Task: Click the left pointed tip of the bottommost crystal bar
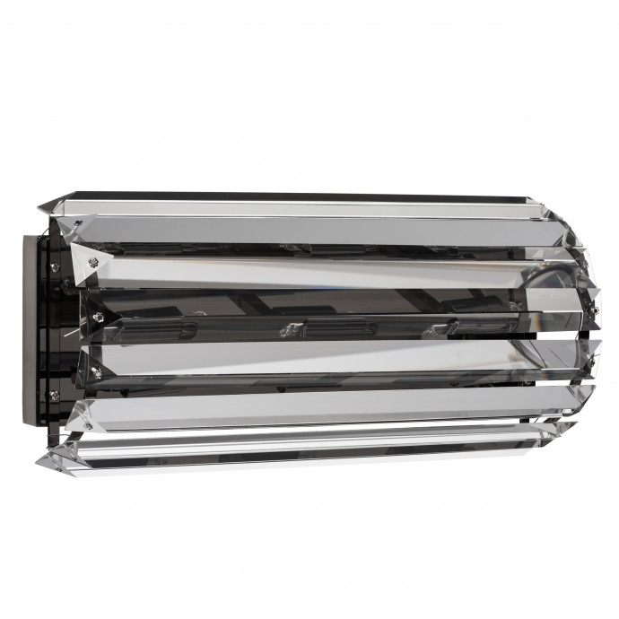coord(40,461)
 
